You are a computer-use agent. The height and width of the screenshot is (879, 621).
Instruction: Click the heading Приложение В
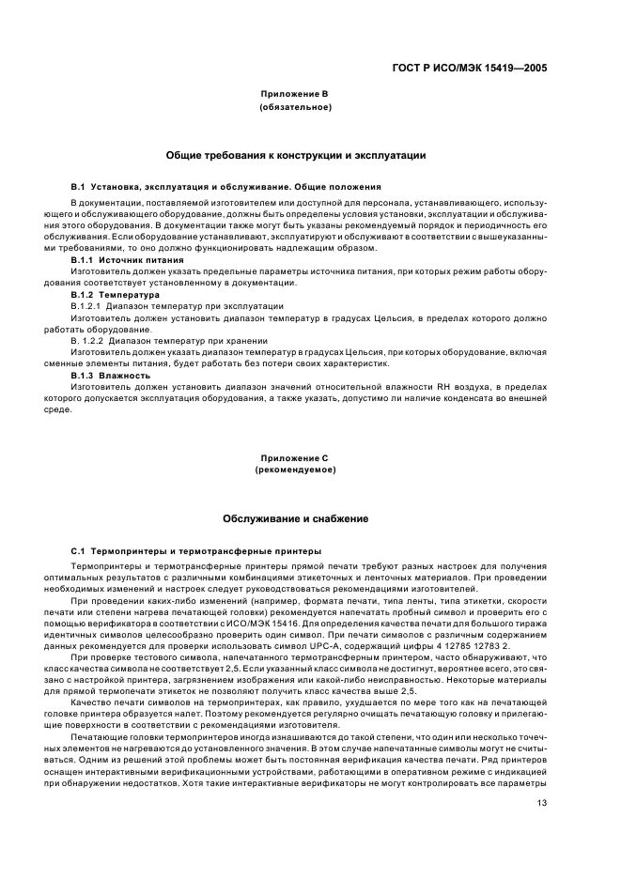click(295, 96)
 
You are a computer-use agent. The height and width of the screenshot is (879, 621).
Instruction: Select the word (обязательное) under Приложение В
click(295, 107)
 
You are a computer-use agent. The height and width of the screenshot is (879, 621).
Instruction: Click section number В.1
click(79, 187)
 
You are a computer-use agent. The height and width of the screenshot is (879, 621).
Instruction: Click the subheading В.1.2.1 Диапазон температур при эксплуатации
click(178, 306)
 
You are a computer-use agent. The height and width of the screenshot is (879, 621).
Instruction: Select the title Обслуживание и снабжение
click(295, 517)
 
